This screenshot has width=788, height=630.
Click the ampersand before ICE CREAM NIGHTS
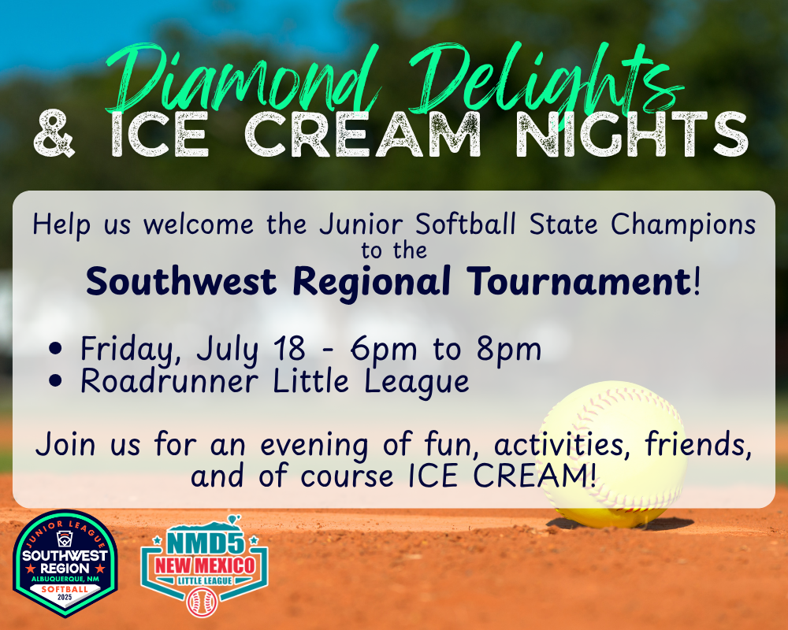(x=54, y=133)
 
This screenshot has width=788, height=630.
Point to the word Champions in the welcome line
(x=683, y=224)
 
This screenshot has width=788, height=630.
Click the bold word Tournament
(x=578, y=281)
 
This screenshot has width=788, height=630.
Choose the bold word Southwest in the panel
(x=181, y=281)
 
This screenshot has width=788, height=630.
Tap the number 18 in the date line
(x=289, y=348)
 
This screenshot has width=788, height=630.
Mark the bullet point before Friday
(x=56, y=348)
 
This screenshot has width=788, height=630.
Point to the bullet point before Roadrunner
(x=56, y=381)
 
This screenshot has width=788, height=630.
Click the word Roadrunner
(x=169, y=381)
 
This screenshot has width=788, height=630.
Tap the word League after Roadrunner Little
(x=417, y=383)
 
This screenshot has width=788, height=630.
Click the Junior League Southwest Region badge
(x=65, y=564)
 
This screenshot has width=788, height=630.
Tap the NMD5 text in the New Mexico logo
(x=206, y=543)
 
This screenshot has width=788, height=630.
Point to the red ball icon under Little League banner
(x=202, y=602)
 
